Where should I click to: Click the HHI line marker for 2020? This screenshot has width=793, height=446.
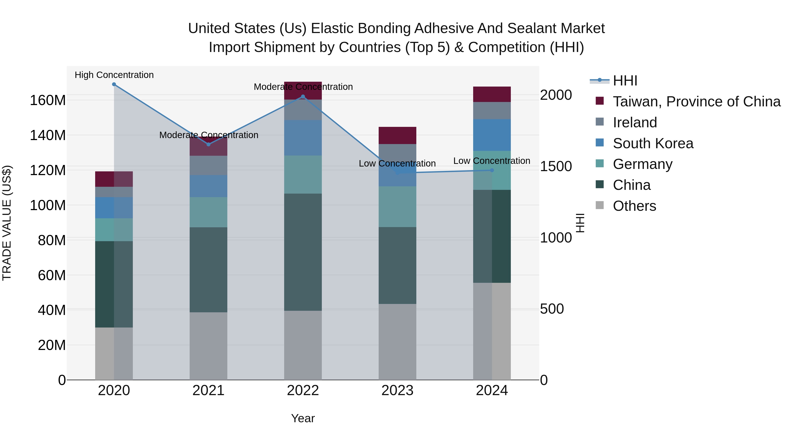tap(114, 84)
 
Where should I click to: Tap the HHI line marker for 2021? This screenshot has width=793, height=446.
tap(208, 144)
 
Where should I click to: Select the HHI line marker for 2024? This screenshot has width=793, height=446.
tap(492, 170)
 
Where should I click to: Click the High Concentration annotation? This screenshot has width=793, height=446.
tap(114, 75)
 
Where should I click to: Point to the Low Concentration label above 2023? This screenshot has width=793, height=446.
tap(397, 163)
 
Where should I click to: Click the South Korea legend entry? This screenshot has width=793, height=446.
tap(653, 143)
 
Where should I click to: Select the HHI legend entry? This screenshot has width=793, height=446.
tap(625, 81)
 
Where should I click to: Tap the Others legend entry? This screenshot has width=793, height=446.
tap(634, 206)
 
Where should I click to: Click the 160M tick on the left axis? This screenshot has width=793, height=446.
tap(48, 100)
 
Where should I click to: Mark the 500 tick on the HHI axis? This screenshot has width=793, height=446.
tap(552, 309)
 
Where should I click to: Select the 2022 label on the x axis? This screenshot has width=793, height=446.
tap(303, 390)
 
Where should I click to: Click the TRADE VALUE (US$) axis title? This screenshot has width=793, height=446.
tap(7, 223)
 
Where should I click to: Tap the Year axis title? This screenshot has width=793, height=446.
tap(303, 418)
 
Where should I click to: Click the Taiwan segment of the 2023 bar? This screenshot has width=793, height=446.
tap(397, 135)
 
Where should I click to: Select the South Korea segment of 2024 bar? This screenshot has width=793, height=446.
tap(492, 135)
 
